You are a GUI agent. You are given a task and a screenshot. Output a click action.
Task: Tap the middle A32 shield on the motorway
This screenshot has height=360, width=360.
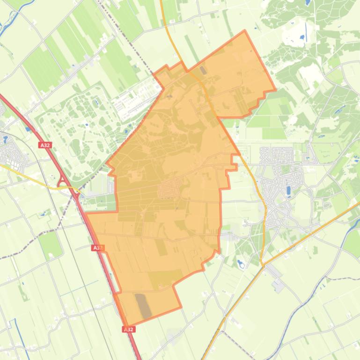97,248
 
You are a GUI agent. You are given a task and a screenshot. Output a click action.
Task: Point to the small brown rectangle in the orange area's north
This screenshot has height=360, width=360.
203,70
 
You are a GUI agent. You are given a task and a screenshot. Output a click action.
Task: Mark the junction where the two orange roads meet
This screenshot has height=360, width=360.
264,265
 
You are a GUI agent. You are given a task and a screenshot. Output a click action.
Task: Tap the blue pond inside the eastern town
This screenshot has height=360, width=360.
288,190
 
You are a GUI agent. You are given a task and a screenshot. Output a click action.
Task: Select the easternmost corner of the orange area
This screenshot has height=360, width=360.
275,89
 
